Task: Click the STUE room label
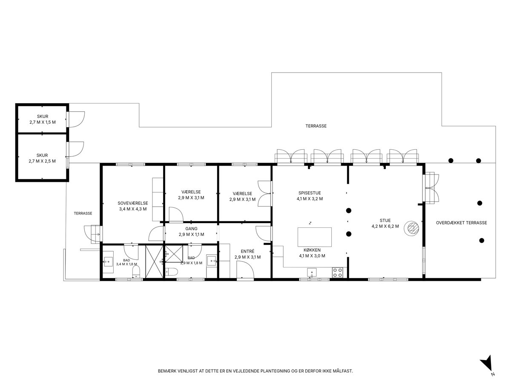pos(385,220)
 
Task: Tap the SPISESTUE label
pos(310,193)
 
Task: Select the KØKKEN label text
pos(312,250)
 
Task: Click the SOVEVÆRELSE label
pos(133,203)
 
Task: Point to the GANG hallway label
pos(191,229)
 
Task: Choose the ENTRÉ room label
pos(247,251)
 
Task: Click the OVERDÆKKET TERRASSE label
pos(462,223)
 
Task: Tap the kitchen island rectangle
pos(315,237)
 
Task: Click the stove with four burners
pos(337,273)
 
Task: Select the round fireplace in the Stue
pos(411,228)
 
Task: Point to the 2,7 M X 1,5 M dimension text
pos(43,122)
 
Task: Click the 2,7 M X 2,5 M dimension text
pos(42,161)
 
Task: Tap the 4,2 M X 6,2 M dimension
pos(385,226)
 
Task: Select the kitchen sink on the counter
pos(312,272)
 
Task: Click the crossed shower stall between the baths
pos(154,262)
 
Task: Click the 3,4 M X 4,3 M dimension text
pos(133,209)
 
